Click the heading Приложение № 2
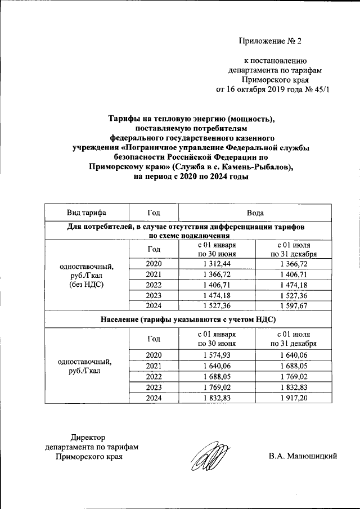271,41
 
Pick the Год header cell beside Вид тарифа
154,213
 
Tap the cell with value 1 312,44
217,264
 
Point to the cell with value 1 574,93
217,354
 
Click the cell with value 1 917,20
293,398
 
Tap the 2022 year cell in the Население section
154,376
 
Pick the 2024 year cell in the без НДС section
154,305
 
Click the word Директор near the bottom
88,436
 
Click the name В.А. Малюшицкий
303,456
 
